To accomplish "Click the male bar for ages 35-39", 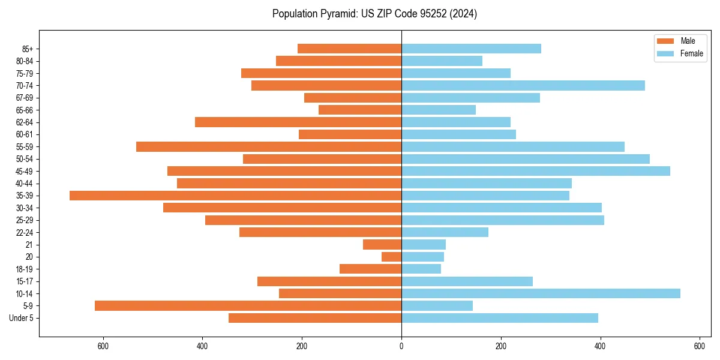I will tap(235, 196).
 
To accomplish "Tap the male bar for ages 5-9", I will tap(248, 306).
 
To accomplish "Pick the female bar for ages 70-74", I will tap(523, 86).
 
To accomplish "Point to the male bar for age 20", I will tap(391, 257).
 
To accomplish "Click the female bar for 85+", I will tap(471, 49).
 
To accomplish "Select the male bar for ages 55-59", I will tap(269, 147).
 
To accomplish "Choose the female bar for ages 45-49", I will tap(536, 171).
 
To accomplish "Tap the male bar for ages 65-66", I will tap(360, 110).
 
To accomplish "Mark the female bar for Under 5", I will tap(500, 318).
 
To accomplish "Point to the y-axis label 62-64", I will tap(25, 122).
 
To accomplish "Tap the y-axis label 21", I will tap(29, 245).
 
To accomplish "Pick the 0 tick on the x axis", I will tap(401, 346).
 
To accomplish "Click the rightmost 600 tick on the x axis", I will tap(699, 346).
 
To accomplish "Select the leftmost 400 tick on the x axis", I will tap(202, 346).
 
